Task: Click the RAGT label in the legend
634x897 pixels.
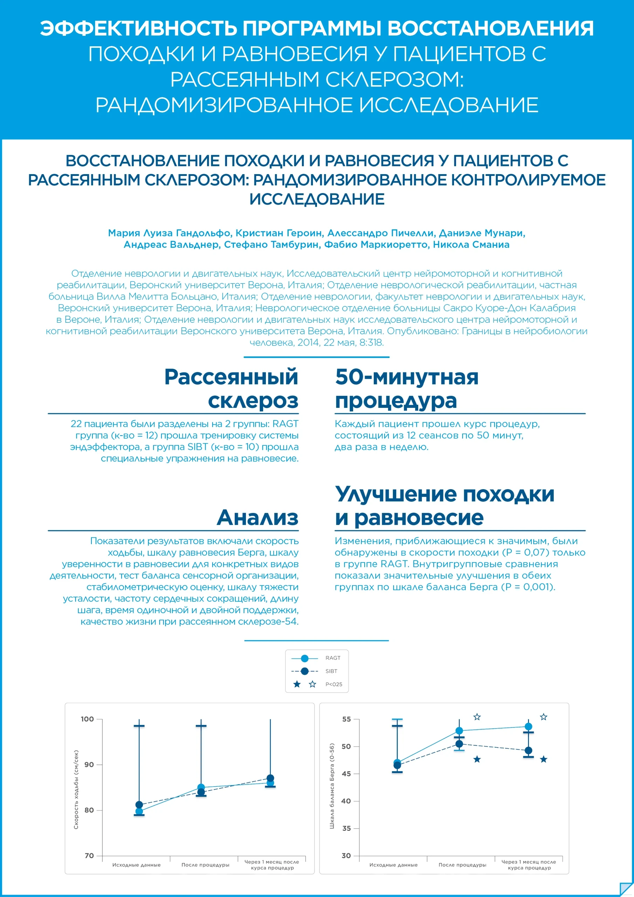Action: (332, 658)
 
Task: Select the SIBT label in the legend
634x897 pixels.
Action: (331, 671)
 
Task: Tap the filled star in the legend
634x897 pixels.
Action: (297, 684)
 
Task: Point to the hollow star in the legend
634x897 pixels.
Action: (312, 684)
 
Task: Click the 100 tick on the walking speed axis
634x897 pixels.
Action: (88, 719)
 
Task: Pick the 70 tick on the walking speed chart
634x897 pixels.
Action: (89, 856)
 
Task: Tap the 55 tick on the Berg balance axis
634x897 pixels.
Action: (346, 719)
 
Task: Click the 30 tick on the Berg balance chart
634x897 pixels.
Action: (346, 856)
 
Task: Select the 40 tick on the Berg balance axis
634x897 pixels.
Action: (346, 801)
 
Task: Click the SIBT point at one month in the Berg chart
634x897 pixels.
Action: (528, 751)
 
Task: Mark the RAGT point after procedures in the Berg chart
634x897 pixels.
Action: (459, 731)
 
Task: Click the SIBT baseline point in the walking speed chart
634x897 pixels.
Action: (139, 804)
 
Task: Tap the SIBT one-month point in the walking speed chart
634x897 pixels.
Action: (270, 778)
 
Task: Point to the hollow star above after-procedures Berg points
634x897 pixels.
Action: (477, 717)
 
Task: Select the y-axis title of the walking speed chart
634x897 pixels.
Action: (76, 789)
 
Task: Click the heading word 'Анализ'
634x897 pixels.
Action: (257, 517)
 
